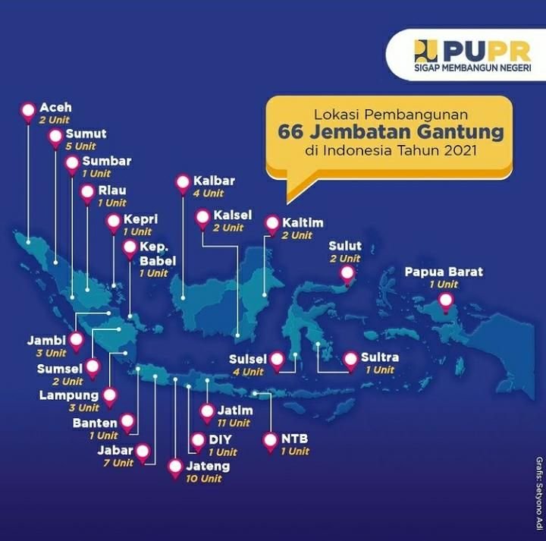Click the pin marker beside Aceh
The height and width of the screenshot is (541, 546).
pyautogui.click(x=29, y=111)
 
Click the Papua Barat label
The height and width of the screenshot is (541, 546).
pyautogui.click(x=444, y=272)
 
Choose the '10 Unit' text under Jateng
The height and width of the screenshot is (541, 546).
pyautogui.click(x=202, y=479)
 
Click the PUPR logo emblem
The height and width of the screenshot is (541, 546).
pyautogui.click(x=425, y=51)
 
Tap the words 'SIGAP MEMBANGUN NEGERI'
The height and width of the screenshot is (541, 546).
pyautogui.click(x=472, y=68)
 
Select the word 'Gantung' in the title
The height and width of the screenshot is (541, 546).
pyautogui.click(x=462, y=132)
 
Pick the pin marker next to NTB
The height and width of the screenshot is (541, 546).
pyautogui.click(x=270, y=441)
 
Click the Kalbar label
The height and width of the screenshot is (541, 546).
pyautogui.click(x=214, y=181)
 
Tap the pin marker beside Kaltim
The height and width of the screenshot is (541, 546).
pyautogui.click(x=272, y=225)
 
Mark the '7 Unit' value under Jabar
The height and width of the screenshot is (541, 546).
pyautogui.click(x=112, y=463)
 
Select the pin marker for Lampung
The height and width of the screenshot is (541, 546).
pyautogui.click(x=111, y=397)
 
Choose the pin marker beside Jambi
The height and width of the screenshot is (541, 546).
pyautogui.click(x=77, y=341)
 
